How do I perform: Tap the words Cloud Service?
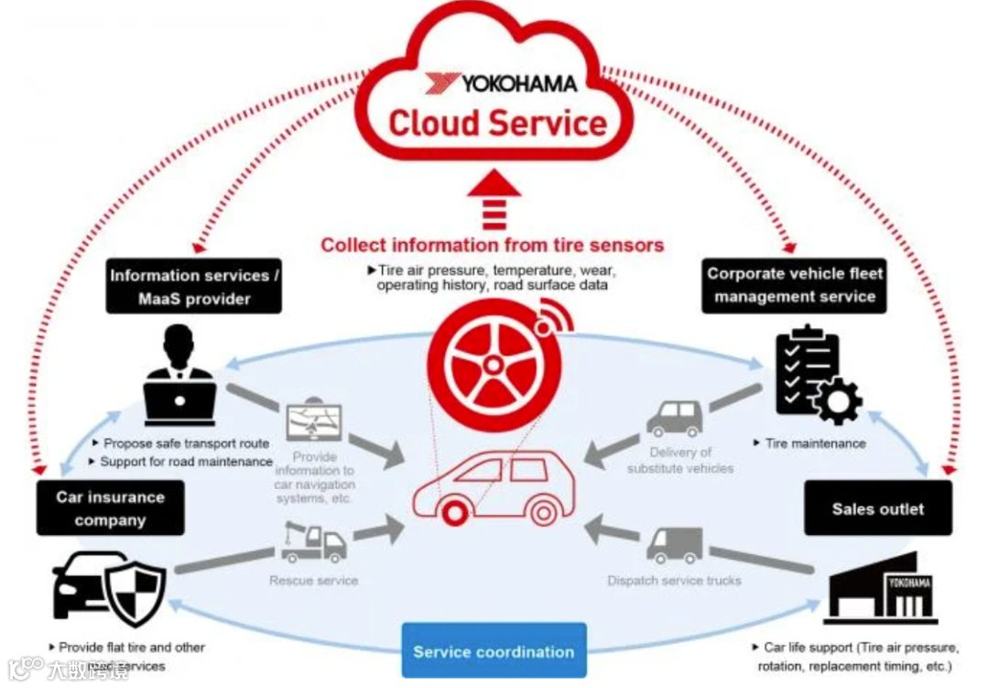(498, 124)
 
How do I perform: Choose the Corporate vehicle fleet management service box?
(794, 285)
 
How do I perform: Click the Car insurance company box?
(109, 508)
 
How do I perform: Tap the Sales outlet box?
(877, 508)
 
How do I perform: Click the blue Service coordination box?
(494, 651)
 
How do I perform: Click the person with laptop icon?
(179, 376)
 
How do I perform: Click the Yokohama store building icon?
(881, 589)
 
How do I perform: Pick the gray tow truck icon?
(312, 543)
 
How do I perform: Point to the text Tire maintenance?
(814, 443)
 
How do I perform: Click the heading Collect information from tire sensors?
(492, 245)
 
